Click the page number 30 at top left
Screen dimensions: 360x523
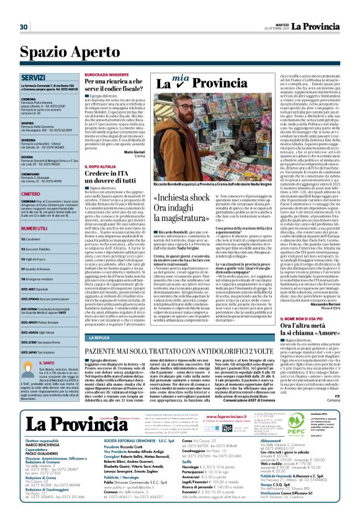(x=24, y=27)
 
